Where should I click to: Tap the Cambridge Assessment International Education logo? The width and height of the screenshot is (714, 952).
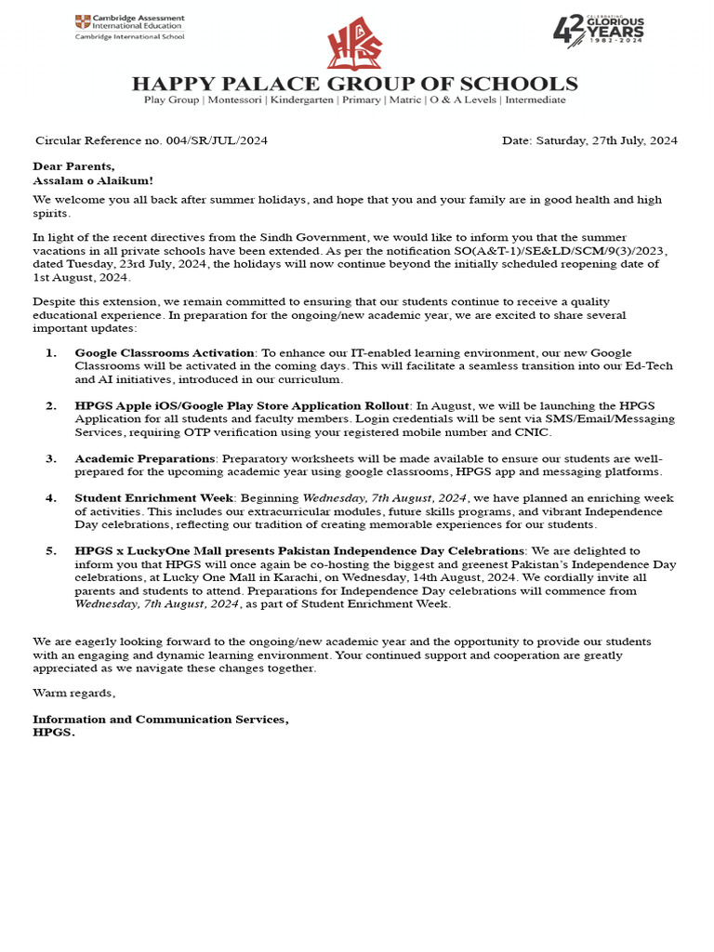(130, 27)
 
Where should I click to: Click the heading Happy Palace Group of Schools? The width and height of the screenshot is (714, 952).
(354, 84)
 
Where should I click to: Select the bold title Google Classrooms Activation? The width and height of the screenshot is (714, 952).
(165, 353)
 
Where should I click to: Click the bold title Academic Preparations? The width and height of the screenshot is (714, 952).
(145, 458)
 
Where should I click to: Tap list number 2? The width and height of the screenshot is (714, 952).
(51, 406)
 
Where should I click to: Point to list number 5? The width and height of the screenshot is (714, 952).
(51, 551)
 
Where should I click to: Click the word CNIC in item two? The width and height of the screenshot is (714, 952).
(535, 432)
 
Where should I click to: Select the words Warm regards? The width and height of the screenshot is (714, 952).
(74, 693)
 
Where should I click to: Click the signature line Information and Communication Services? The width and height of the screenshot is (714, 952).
(161, 720)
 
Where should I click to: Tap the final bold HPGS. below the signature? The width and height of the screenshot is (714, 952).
(54, 733)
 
